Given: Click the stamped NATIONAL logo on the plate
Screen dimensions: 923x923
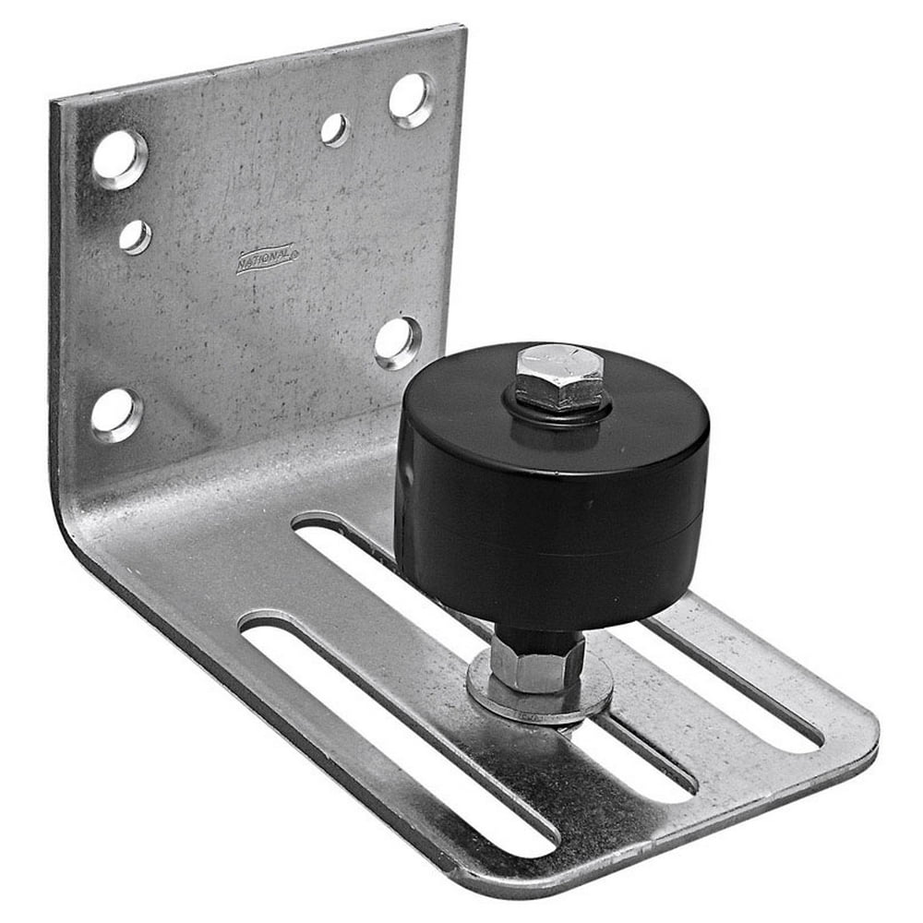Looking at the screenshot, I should coord(267,258).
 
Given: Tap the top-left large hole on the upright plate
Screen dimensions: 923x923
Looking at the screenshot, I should coord(119,159).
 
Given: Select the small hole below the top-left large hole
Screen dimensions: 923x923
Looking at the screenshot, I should coord(135,237).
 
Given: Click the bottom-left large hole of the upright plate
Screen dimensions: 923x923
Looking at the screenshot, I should coord(116,414).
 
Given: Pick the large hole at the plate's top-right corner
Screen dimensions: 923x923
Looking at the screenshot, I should coord(411,100).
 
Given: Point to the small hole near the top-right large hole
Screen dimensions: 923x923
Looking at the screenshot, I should coord(335,130).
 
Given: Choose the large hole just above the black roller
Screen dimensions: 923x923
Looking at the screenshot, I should coord(398,342).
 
